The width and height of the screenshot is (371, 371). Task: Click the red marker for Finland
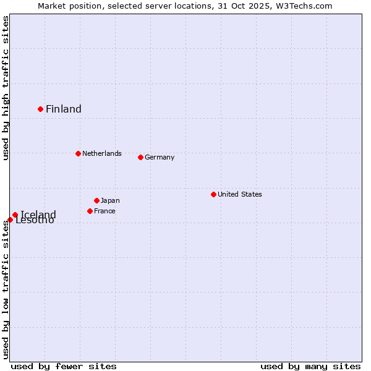click(41, 109)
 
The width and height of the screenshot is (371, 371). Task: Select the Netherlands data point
click(78, 153)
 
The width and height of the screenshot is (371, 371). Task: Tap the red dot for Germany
click(140, 157)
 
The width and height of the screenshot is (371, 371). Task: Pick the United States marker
click(213, 194)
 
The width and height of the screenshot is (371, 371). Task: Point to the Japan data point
click(96, 200)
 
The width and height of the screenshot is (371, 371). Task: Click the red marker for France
click(90, 211)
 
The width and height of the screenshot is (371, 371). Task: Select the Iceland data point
click(15, 215)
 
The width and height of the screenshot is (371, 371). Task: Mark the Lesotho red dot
click(10, 220)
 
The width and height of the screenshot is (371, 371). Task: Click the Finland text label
click(64, 109)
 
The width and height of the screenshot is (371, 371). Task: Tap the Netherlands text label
click(102, 153)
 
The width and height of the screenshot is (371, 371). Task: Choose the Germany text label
click(160, 157)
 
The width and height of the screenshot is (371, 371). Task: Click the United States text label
click(240, 194)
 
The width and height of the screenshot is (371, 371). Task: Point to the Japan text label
click(110, 200)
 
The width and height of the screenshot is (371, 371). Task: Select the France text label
click(104, 211)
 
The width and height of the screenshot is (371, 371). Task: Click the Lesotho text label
click(35, 221)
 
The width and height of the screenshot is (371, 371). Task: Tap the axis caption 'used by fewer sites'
click(64, 366)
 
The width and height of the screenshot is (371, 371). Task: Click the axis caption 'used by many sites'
click(310, 366)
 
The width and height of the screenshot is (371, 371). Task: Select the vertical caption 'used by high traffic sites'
click(6, 88)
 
